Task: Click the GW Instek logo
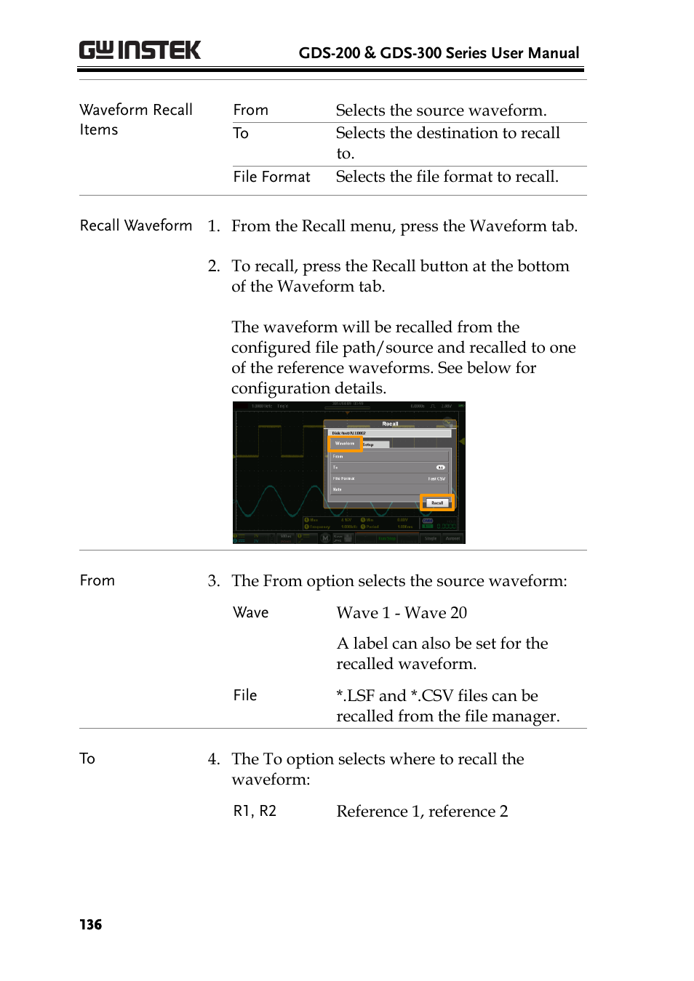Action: point(140,50)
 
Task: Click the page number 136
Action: point(91,924)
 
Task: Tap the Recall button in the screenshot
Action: point(437,502)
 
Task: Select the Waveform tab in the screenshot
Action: point(345,443)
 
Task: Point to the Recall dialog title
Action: point(390,423)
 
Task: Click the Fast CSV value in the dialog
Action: point(436,479)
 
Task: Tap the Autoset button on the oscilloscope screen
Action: point(452,538)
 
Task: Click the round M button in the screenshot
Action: point(325,538)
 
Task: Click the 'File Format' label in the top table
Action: point(271,177)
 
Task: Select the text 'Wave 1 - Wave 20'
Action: point(402,613)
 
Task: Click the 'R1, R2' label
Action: point(255,811)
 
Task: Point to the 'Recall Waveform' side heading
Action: point(136,225)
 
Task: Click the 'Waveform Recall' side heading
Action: point(136,110)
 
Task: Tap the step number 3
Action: point(213,581)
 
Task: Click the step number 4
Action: point(213,759)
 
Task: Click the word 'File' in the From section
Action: point(245,695)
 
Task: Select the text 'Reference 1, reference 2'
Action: point(422,812)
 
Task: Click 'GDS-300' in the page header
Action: point(410,53)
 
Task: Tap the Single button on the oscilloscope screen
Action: point(431,538)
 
